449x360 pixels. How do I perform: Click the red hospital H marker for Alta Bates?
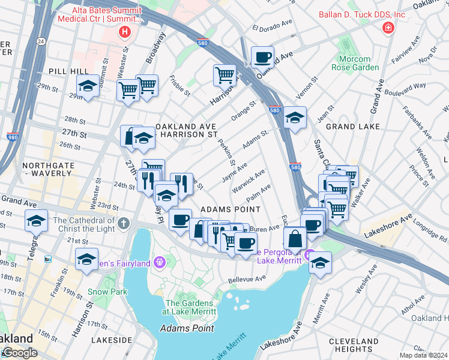(x=125, y=32)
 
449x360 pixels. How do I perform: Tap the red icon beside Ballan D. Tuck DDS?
(x=388, y=28)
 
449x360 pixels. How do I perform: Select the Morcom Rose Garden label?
(x=351, y=63)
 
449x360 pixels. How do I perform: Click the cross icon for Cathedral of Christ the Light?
(x=124, y=223)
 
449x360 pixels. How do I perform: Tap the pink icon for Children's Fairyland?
(x=159, y=262)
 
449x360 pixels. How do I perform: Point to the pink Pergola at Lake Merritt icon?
(x=310, y=256)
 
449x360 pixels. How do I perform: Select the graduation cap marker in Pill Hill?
(x=88, y=86)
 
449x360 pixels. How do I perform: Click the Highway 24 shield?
(x=40, y=41)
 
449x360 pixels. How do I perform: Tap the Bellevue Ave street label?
(x=246, y=279)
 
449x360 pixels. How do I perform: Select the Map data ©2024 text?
(x=423, y=355)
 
